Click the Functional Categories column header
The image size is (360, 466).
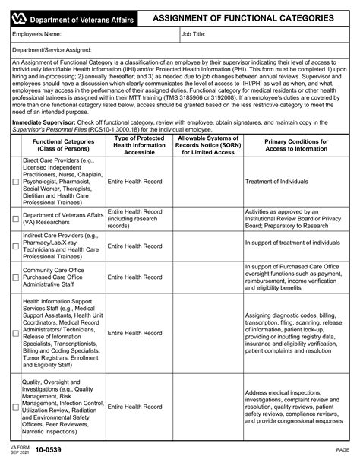[59, 146]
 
